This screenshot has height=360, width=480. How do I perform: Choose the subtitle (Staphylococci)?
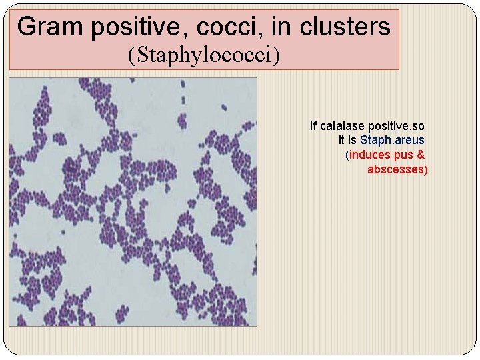(x=203, y=55)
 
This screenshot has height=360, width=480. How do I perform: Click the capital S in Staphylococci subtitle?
(x=138, y=54)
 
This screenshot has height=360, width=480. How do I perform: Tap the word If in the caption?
(x=313, y=125)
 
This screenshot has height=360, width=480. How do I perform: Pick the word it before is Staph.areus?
(x=342, y=140)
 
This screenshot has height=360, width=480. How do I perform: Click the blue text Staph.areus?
(x=392, y=140)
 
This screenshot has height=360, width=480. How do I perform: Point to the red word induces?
(x=371, y=155)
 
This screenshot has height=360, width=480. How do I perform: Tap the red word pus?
(x=404, y=155)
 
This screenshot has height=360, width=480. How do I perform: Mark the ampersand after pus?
(x=420, y=155)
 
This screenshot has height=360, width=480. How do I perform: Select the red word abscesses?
(x=395, y=169)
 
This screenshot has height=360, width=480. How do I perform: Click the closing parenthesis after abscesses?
(x=426, y=169)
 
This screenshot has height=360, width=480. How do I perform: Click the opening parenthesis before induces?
(x=347, y=155)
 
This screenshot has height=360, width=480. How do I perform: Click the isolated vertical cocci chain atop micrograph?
(x=181, y=94)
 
